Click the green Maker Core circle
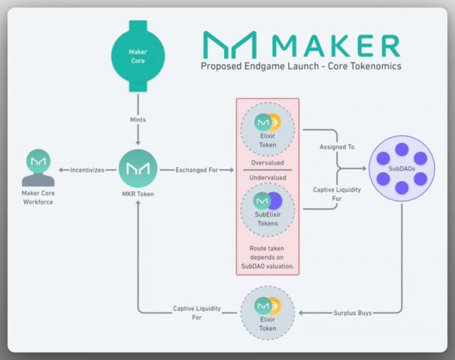(x=138, y=56)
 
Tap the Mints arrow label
(x=138, y=121)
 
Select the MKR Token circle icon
(x=138, y=169)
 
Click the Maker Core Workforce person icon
(x=38, y=169)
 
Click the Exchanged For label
(x=197, y=170)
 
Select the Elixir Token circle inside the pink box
(x=268, y=128)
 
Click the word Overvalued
(x=268, y=162)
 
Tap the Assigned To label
(x=337, y=147)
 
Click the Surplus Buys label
(x=352, y=313)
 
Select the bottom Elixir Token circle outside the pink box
(x=268, y=313)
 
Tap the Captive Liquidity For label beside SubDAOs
(x=337, y=194)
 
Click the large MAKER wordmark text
(x=335, y=46)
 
